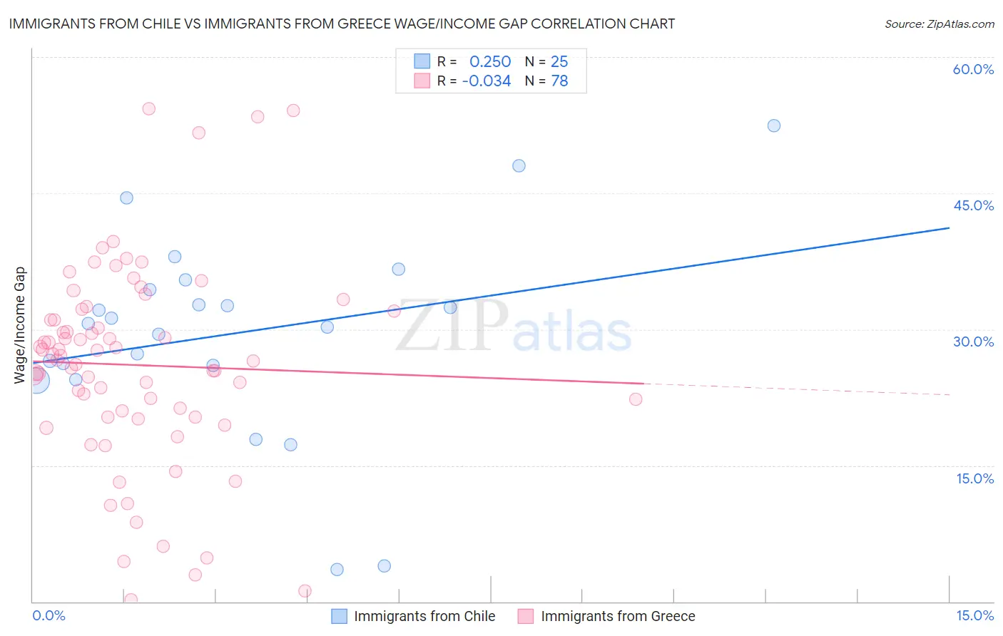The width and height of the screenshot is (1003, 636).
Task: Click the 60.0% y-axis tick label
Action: [x=973, y=69]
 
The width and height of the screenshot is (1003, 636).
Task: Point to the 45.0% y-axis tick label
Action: [x=973, y=205]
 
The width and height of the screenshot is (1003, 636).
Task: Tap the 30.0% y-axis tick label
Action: [x=973, y=342]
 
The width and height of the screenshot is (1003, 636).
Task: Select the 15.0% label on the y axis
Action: [x=974, y=478]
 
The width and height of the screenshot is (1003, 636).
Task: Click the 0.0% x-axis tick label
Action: [x=49, y=616]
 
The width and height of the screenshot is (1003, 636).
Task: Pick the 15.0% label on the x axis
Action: [x=974, y=616]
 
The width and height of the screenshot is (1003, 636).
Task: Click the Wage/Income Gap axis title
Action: [x=20, y=325]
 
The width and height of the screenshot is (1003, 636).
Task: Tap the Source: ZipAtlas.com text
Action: [x=939, y=24]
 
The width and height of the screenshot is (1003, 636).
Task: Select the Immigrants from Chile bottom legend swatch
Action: [x=340, y=616]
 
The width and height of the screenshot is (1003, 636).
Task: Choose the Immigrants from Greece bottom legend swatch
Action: [x=526, y=616]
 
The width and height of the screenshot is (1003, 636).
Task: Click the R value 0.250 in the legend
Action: [x=490, y=61]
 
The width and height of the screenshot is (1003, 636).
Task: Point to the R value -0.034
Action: [x=487, y=81]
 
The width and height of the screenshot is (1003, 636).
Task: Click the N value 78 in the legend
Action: [x=559, y=81]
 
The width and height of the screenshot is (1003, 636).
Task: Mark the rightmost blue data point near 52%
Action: [x=774, y=125]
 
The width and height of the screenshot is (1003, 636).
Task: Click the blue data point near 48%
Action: [x=519, y=165]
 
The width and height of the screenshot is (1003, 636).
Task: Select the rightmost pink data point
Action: [x=636, y=399]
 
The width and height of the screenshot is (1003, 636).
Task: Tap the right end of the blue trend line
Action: [x=949, y=227]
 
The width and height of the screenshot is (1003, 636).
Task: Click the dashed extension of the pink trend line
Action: [x=799, y=389]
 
